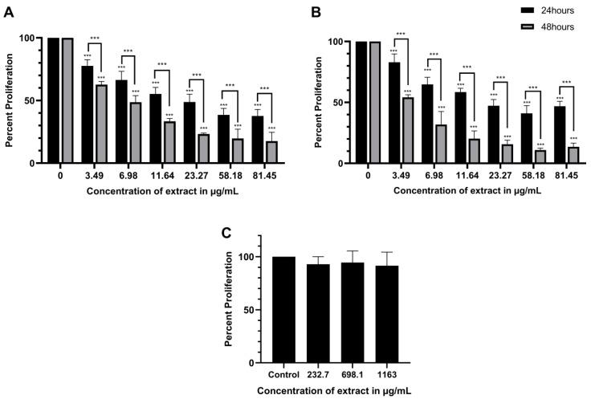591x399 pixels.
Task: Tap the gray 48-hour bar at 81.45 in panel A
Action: tap(271, 153)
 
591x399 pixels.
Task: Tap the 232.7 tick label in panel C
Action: tap(318, 374)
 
